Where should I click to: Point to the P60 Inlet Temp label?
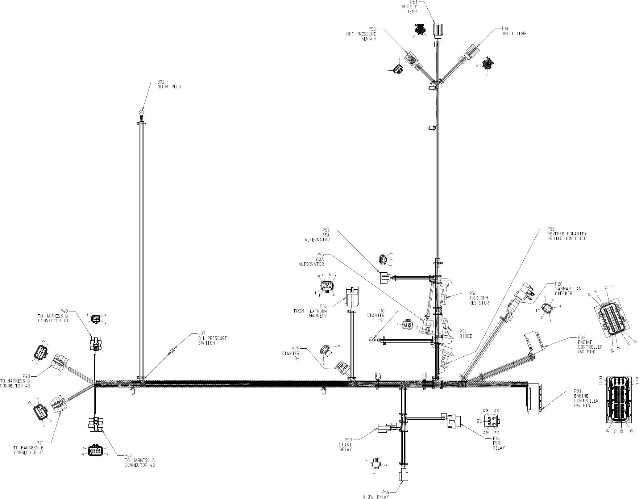click(x=514, y=31)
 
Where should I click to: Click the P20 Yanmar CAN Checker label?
click(x=568, y=289)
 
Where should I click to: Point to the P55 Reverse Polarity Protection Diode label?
click(x=567, y=234)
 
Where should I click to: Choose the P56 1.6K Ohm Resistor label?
click(x=479, y=298)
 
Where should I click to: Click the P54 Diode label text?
click(x=465, y=334)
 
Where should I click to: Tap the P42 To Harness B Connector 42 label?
click(x=139, y=460)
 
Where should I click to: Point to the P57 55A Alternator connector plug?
click(x=385, y=278)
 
